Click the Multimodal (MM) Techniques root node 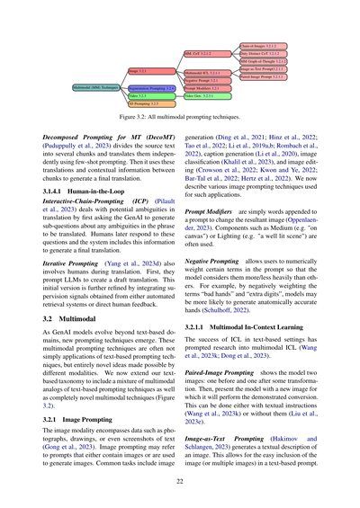click(x=96, y=86)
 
